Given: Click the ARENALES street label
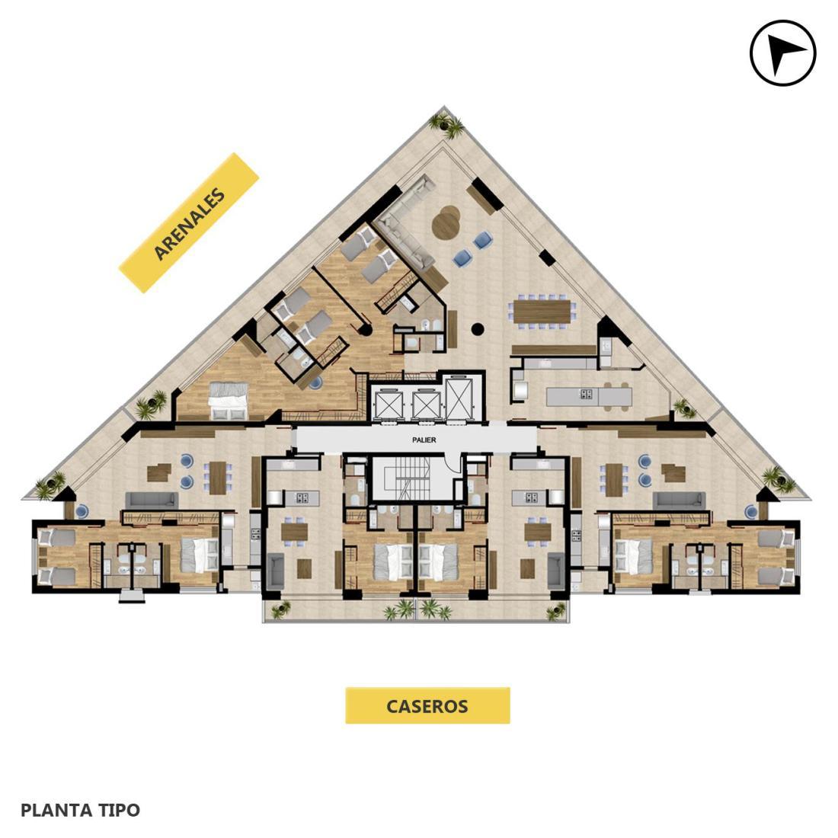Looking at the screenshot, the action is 189,223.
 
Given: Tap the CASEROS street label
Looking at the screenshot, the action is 427,705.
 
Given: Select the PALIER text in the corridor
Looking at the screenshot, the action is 424,440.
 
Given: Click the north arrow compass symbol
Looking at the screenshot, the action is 782,53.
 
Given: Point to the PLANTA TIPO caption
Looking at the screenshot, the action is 80,810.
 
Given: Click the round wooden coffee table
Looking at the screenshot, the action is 446,223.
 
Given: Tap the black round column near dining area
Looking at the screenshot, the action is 477,329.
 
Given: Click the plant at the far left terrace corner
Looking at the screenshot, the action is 50,485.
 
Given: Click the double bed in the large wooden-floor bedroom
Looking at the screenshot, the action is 229,400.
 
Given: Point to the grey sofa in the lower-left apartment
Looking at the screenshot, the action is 152,501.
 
